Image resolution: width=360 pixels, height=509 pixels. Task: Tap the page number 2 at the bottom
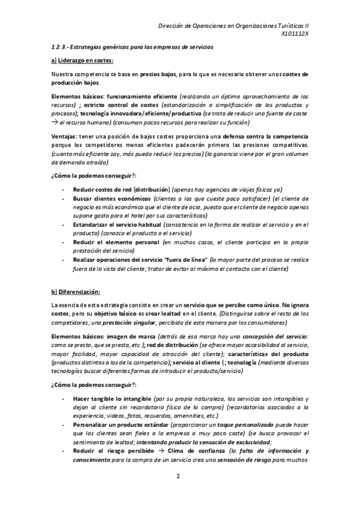coord(178,477)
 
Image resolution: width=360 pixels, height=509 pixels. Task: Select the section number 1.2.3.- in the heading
coord(61,47)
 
